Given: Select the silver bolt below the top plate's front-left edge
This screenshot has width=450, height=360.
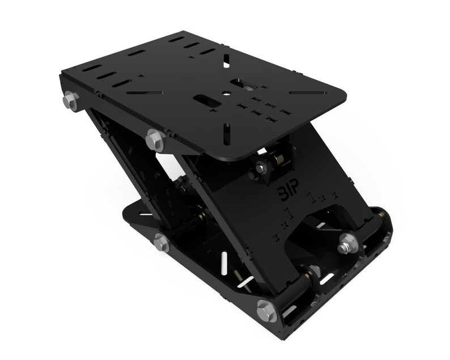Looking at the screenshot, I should click(x=154, y=137).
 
